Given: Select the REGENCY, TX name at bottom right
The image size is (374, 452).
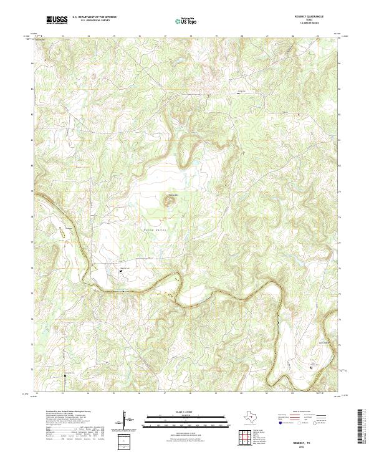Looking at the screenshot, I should tap(306, 441).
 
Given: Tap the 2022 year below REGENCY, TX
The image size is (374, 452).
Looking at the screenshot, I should tap(306, 446).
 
